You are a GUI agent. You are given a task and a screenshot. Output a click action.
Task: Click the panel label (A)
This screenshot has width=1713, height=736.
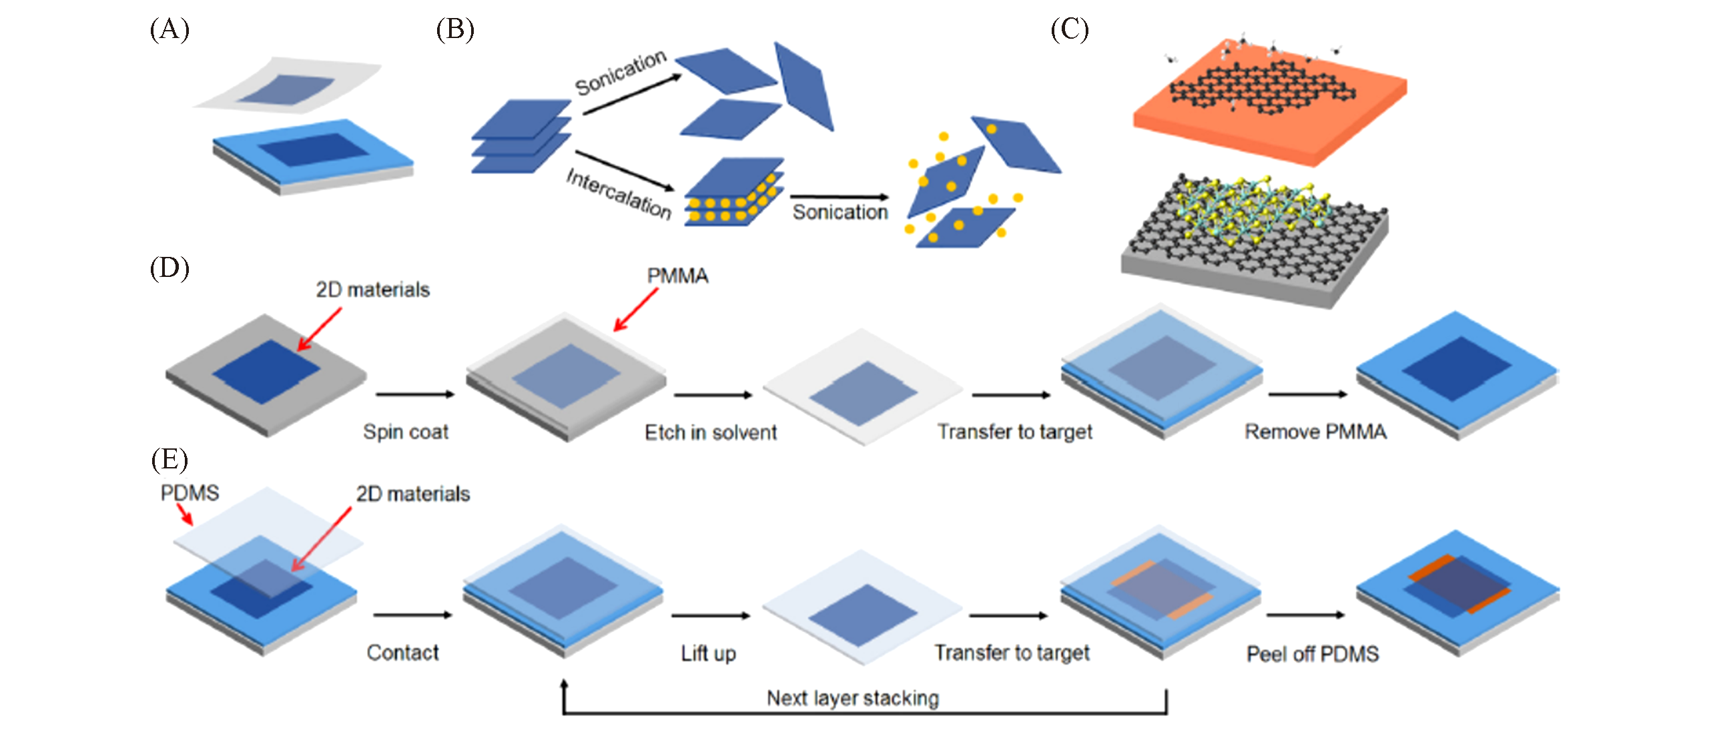click(x=169, y=30)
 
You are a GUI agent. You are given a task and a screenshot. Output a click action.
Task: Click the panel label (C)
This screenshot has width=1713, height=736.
click(x=1069, y=30)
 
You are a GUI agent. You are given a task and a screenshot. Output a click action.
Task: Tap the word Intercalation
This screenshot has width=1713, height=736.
click(x=619, y=194)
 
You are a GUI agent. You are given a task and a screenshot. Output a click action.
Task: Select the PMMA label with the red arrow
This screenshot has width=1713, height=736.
click(x=677, y=276)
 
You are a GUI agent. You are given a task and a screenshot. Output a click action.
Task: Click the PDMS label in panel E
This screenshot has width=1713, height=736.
click(x=190, y=493)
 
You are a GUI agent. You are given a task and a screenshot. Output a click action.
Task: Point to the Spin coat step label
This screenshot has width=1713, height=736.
click(x=406, y=432)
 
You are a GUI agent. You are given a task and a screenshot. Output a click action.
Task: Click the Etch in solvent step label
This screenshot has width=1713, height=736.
click(x=711, y=432)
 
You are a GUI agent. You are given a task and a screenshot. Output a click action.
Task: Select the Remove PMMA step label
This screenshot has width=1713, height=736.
click(x=1315, y=432)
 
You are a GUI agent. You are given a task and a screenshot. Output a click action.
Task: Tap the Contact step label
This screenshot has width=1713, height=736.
click(x=403, y=652)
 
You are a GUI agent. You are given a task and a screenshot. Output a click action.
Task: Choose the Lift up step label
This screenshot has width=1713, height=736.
click(x=708, y=653)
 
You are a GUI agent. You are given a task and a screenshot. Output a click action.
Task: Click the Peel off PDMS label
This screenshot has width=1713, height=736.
click(x=1313, y=653)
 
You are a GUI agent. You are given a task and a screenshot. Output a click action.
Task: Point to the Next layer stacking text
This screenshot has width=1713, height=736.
click(x=853, y=698)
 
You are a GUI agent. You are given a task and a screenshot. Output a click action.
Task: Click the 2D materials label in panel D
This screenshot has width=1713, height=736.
click(x=372, y=290)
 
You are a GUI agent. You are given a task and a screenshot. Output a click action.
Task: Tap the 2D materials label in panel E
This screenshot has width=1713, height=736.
click(x=412, y=494)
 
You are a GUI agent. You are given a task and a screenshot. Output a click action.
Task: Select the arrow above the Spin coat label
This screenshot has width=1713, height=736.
click(x=414, y=394)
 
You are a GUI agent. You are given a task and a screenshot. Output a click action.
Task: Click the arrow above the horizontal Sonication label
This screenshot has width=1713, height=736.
click(x=839, y=197)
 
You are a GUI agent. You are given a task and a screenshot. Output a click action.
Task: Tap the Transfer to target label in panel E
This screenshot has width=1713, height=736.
click(x=1012, y=653)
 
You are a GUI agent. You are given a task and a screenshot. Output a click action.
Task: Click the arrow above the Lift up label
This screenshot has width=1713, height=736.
click(x=711, y=615)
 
